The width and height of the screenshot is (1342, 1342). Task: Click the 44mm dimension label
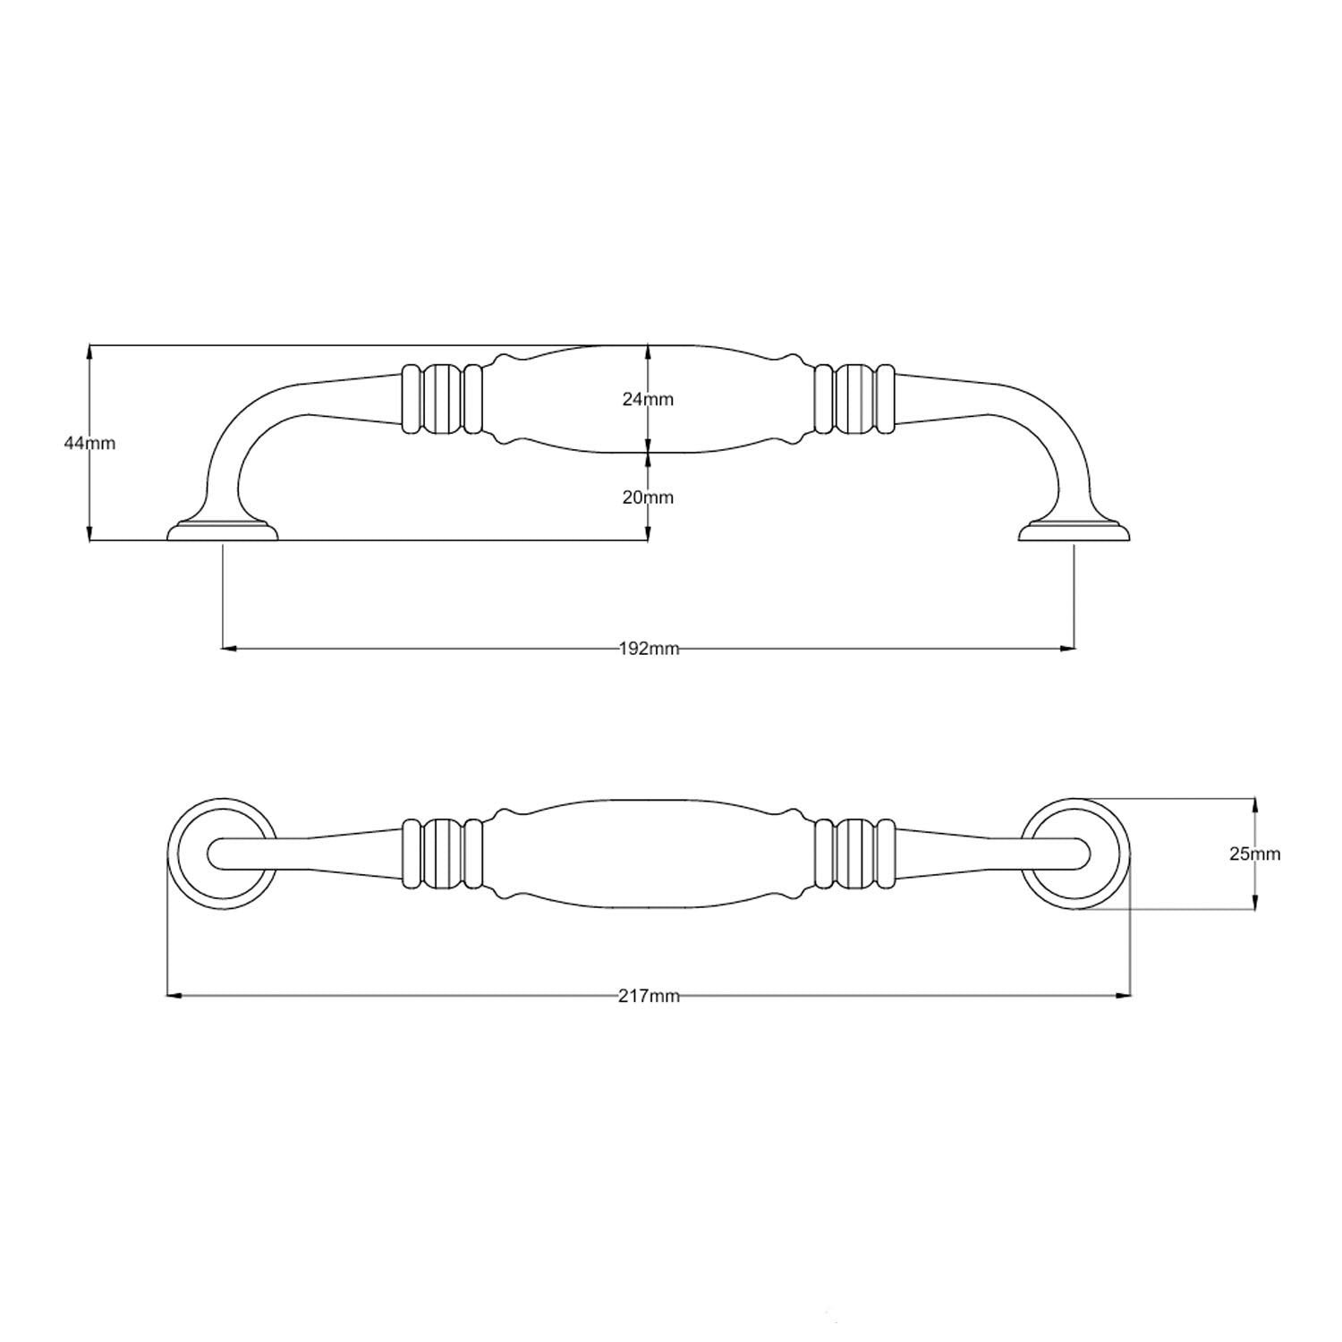[89, 443]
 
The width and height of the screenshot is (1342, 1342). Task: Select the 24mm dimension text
[648, 399]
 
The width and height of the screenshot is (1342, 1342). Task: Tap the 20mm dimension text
[648, 497]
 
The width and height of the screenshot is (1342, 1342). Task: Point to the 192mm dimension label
[649, 649]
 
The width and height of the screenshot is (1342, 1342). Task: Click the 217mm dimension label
[649, 996]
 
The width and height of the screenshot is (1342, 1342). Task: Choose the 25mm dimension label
[1254, 854]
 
